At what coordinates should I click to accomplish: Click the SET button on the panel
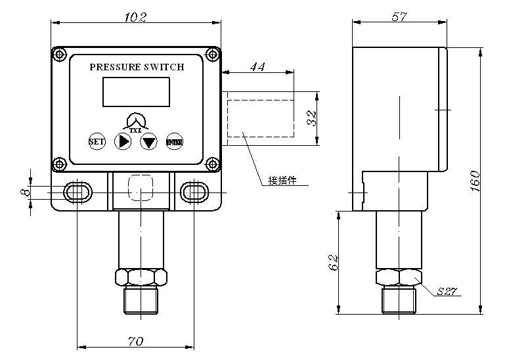96,141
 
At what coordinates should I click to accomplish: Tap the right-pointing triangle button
123,141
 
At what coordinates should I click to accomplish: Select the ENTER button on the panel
174,141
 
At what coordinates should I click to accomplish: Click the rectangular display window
136,92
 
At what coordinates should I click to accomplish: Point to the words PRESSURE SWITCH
137,67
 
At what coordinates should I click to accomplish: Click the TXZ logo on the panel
136,122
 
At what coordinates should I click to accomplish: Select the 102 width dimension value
136,16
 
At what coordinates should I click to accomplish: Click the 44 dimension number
257,66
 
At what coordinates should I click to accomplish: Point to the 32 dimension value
313,118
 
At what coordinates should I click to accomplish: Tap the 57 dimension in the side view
399,16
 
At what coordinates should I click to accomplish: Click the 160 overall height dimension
476,180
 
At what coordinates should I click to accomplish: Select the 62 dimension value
333,262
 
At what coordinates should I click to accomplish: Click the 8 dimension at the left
26,191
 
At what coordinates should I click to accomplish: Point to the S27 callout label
447,291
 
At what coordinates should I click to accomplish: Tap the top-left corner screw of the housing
60,54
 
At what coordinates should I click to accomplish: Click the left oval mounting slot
77,191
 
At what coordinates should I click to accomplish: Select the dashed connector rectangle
261,118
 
